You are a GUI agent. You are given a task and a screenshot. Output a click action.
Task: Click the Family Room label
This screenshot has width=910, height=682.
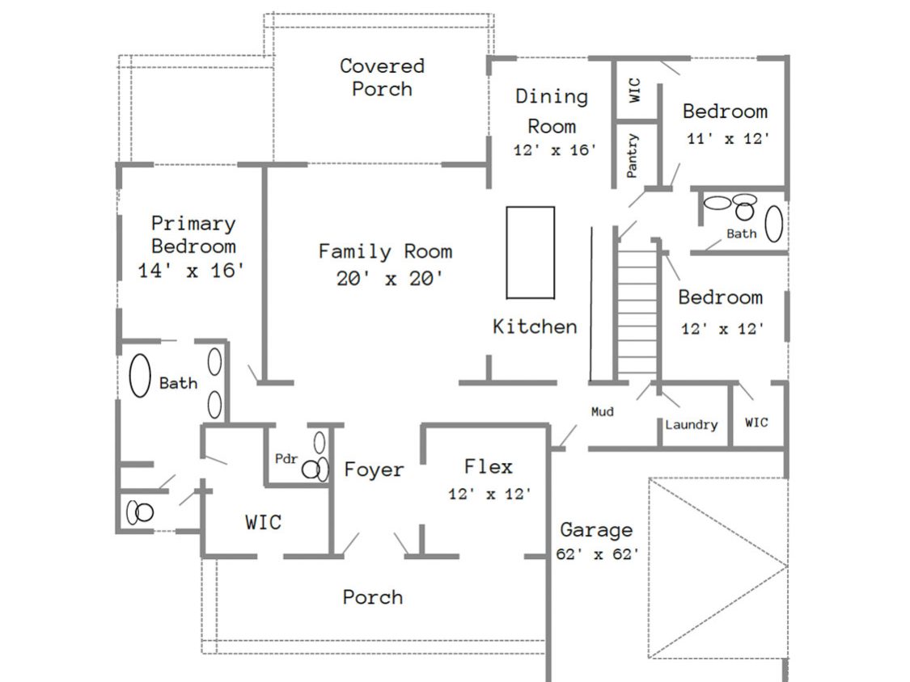click(x=385, y=251)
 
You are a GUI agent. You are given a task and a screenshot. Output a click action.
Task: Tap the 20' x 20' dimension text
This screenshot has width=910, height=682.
click(x=389, y=279)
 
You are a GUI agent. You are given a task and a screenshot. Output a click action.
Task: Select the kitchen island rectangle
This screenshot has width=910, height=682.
click(x=531, y=252)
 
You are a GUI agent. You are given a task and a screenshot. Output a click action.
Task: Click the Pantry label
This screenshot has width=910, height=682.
click(x=633, y=155)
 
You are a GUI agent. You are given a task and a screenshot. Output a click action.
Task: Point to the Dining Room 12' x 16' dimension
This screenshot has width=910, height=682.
click(x=554, y=150)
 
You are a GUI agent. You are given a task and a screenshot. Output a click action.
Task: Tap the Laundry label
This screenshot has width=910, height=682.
click(x=691, y=425)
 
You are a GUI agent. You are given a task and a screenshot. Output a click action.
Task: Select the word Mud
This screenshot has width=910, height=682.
click(x=602, y=412)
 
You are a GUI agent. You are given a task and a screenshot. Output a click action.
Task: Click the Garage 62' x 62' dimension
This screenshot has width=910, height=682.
click(x=597, y=554)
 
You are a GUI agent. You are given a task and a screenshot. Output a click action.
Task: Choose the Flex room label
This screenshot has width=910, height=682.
click(x=488, y=467)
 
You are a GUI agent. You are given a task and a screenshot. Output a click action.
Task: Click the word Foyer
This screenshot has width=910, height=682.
click(x=374, y=470)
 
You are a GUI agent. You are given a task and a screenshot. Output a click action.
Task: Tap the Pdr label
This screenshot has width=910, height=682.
click(x=286, y=459)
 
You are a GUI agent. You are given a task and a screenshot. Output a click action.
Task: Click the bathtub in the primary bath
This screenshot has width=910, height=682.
click(x=141, y=376)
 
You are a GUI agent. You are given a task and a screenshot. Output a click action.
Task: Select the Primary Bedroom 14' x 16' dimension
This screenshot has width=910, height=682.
click(x=192, y=272)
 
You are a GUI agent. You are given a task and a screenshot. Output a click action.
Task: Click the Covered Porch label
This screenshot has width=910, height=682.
click(x=382, y=77)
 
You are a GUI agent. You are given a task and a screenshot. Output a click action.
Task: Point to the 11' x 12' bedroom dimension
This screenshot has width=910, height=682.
click(x=727, y=139)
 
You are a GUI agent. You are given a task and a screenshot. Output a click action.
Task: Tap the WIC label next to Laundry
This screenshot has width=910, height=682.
click(x=756, y=423)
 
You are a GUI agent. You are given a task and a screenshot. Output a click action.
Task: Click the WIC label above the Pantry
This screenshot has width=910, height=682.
click(x=634, y=90)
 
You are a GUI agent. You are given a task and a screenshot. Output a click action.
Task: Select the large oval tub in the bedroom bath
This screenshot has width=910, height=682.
click(x=774, y=224)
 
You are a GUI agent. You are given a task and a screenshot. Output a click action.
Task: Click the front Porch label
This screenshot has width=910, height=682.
click(x=372, y=598)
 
